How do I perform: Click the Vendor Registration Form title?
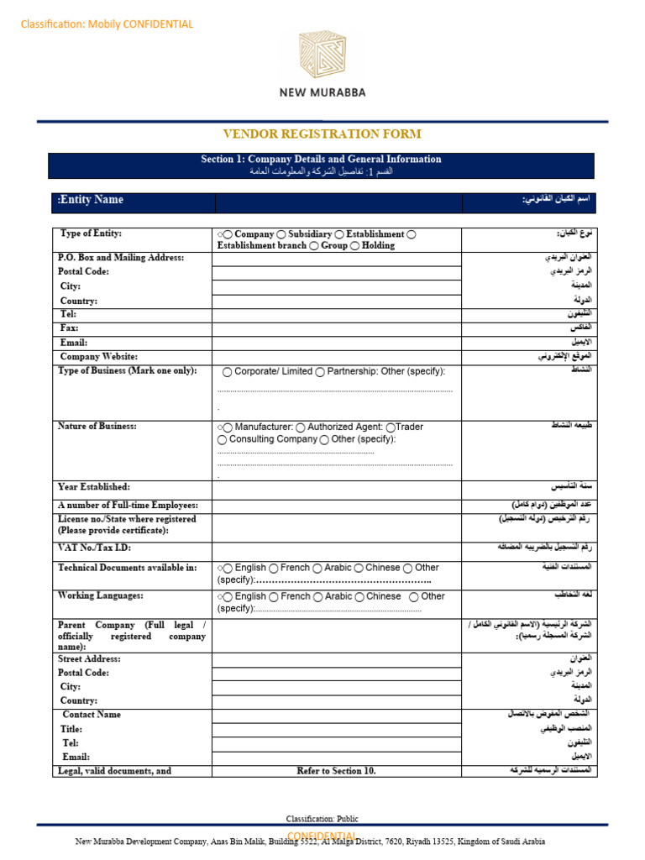click(322, 134)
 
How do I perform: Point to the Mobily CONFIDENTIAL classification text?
click(107, 24)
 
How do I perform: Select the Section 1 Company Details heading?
click(321, 159)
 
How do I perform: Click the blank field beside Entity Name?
click(338, 202)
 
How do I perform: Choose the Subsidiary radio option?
click(281, 234)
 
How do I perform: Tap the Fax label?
click(69, 328)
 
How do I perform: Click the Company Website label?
click(99, 357)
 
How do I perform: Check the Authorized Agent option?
click(302, 427)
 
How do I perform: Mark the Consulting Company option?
click(223, 439)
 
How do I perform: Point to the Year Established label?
click(93, 487)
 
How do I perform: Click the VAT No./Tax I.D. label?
click(94, 548)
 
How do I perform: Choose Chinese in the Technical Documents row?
click(359, 569)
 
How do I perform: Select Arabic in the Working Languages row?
click(318, 597)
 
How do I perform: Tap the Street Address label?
click(90, 659)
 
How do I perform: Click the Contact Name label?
click(92, 715)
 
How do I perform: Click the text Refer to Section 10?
click(337, 771)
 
